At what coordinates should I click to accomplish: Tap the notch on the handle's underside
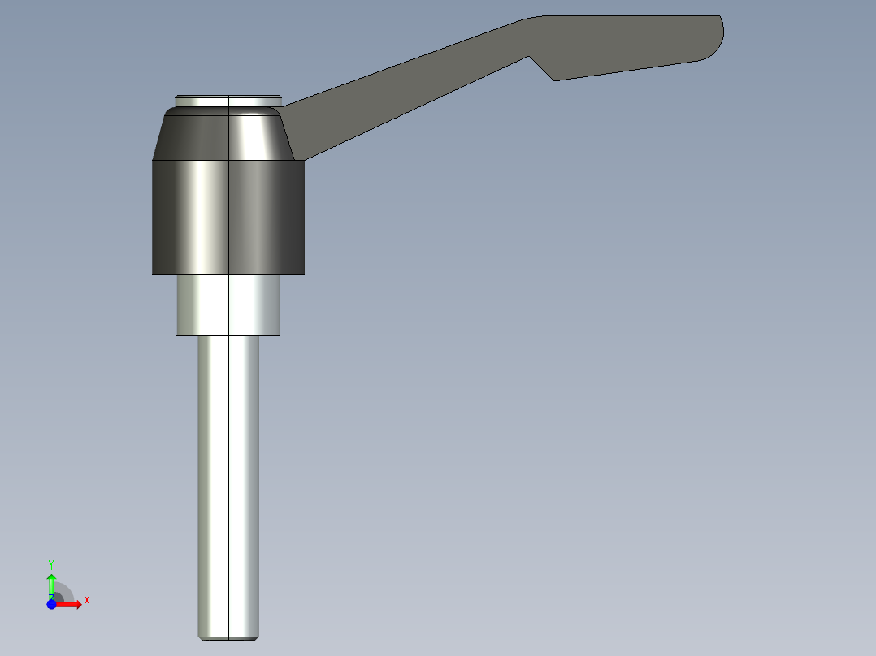tap(542, 68)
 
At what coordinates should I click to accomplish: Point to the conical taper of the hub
tap(228, 136)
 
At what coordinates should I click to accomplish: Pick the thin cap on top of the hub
tap(228, 101)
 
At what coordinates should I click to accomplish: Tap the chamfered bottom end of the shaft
tap(229, 637)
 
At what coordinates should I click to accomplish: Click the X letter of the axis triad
tap(87, 601)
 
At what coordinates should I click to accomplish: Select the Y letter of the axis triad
tap(50, 563)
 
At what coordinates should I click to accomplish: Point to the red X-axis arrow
tap(72, 605)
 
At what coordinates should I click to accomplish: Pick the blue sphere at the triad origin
tap(51, 605)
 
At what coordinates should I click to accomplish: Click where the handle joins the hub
tap(294, 130)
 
